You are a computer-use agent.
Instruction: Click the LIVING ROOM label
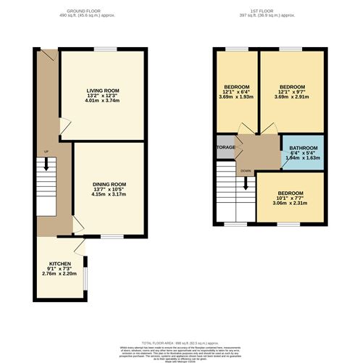(x=101, y=91)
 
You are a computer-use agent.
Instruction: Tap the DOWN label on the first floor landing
(x=246, y=171)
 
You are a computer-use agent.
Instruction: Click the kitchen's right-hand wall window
(x=86, y=278)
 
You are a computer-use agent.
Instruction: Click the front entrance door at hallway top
(x=46, y=55)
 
